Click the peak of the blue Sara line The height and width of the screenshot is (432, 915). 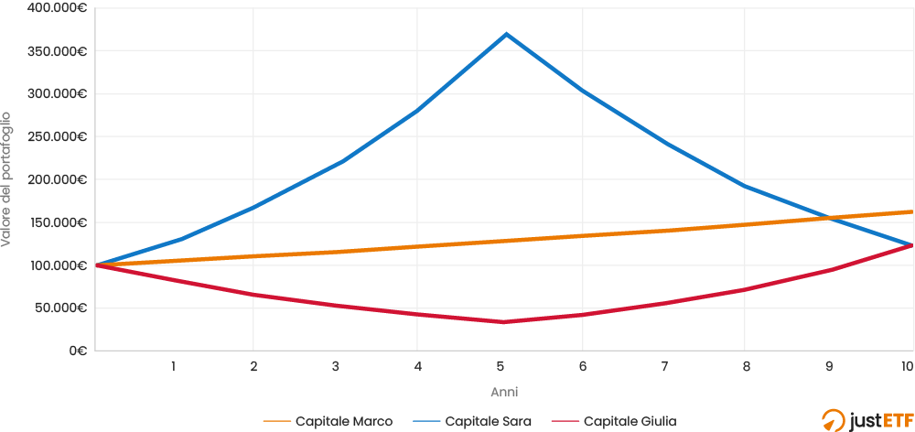[505, 34]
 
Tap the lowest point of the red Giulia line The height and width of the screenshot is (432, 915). [502, 321]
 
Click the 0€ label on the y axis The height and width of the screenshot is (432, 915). [78, 351]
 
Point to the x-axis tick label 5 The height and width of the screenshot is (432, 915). [501, 366]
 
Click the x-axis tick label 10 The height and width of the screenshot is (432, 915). [907, 366]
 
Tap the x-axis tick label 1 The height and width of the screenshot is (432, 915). [172, 366]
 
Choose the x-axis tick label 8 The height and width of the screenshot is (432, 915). [747, 366]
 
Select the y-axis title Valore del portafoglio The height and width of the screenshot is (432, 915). [7, 179]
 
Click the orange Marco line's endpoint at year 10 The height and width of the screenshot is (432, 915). [912, 211]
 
